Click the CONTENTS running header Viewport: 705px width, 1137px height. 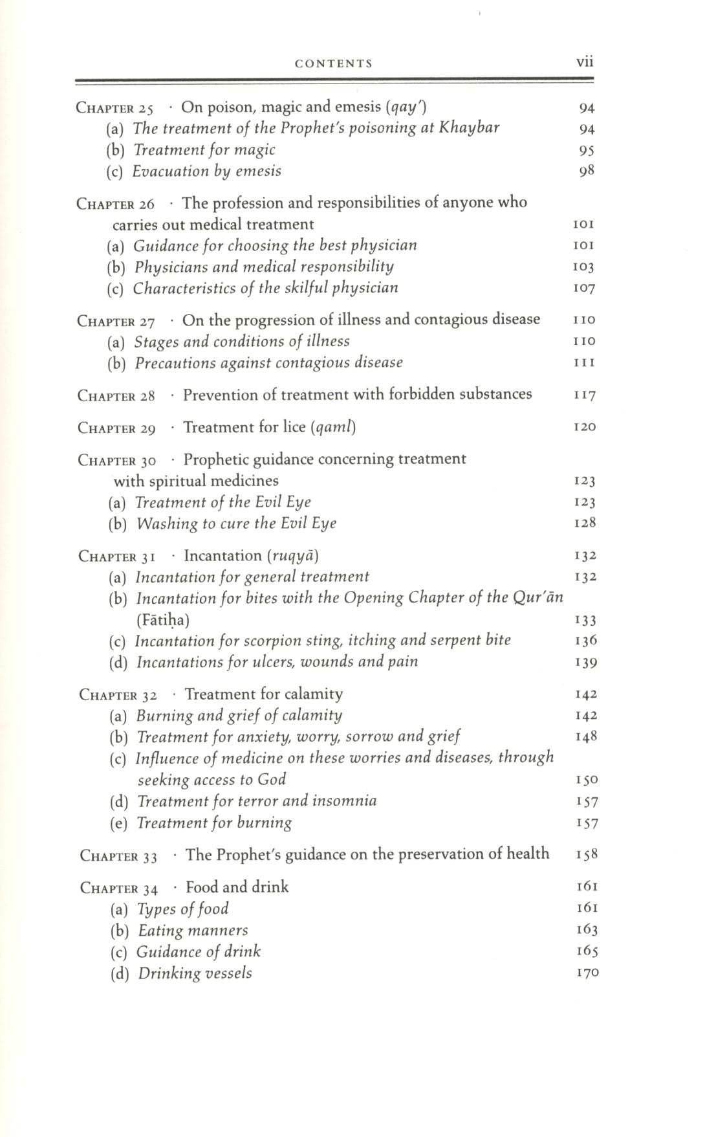[x=333, y=63]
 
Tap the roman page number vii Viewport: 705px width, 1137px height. [x=584, y=62]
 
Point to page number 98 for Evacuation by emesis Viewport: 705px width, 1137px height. [x=586, y=171]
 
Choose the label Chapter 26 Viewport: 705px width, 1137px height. [x=116, y=204]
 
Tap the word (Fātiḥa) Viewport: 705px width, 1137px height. [x=163, y=620]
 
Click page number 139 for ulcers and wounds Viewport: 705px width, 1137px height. [x=585, y=663]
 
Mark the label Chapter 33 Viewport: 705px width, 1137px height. [x=119, y=856]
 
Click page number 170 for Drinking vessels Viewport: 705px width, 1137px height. [x=587, y=973]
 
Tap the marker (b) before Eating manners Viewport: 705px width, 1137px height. [x=120, y=931]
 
